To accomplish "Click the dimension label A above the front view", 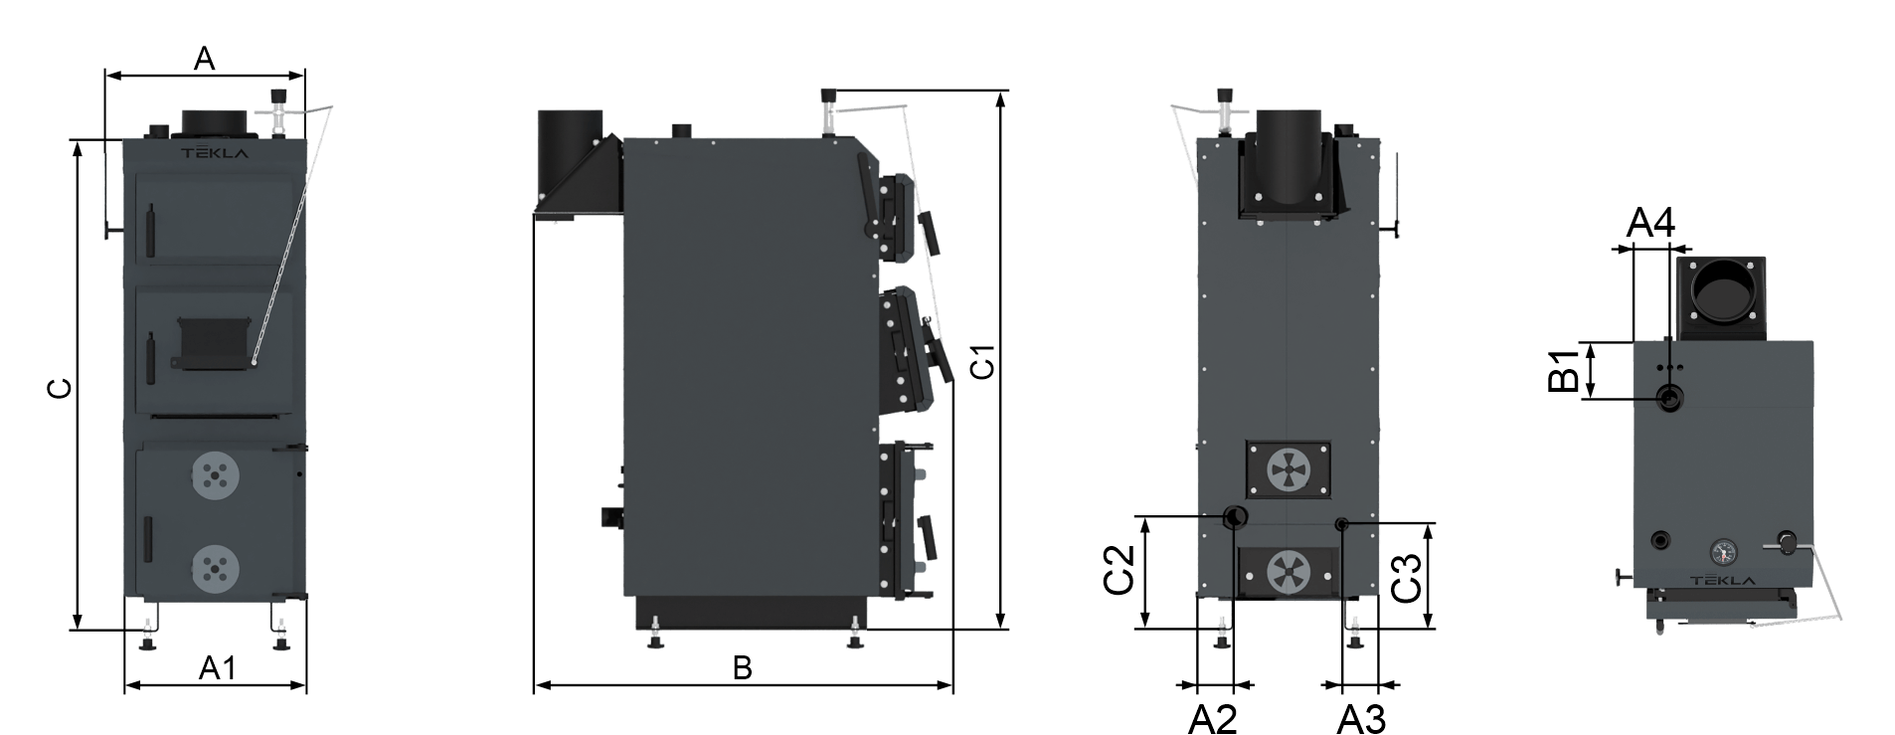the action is click(x=204, y=59).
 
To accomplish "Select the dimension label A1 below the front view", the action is click(x=218, y=668).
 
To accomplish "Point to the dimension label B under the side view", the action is click(x=742, y=668).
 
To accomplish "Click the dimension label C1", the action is click(x=981, y=362).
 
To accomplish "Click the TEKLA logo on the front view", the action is click(x=214, y=154).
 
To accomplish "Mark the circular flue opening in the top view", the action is click(x=1723, y=290).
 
